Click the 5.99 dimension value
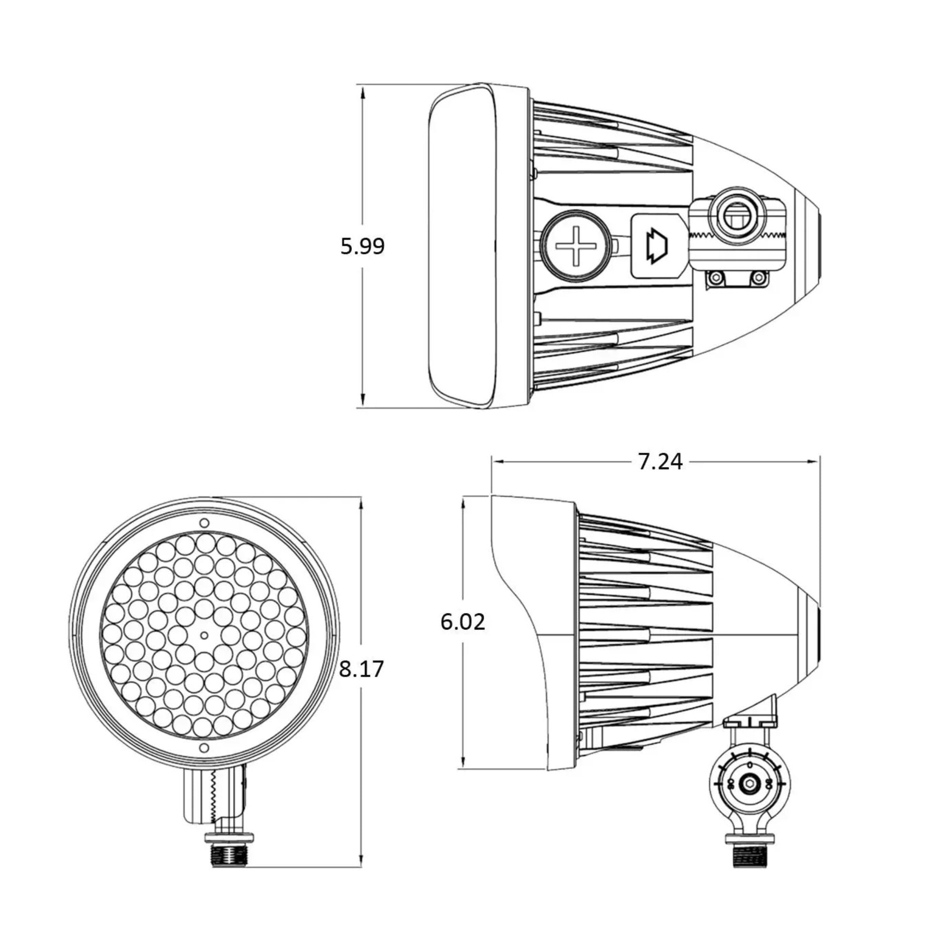pos(362,246)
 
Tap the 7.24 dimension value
pos(660,462)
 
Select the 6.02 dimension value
pos(462,621)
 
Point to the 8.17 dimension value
pos(361,669)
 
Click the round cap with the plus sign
pos(575,246)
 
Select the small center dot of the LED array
pos(204,635)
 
